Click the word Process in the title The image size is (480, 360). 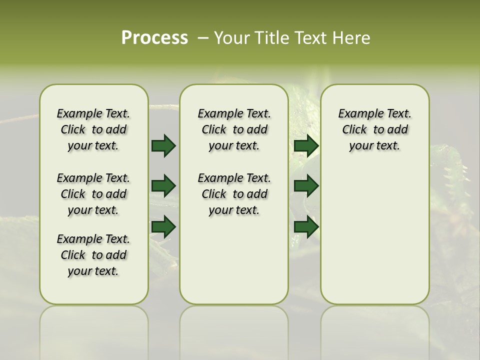point(154,38)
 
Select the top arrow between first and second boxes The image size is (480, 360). point(163,146)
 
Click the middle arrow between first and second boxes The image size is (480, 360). point(163,186)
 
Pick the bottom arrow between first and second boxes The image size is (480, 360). point(163,227)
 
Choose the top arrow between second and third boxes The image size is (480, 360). point(306,146)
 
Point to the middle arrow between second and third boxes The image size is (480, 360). point(306,186)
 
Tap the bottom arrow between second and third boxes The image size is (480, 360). point(306,227)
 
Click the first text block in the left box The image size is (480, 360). point(93,129)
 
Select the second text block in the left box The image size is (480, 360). point(93,194)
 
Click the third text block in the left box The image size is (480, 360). point(93,255)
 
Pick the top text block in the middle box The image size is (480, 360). point(234,129)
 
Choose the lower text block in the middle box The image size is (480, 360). point(234,194)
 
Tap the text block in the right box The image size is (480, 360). point(374,129)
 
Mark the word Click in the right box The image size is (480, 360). point(354,130)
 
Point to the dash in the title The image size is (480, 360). point(202,38)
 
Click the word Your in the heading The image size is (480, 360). point(230,38)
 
